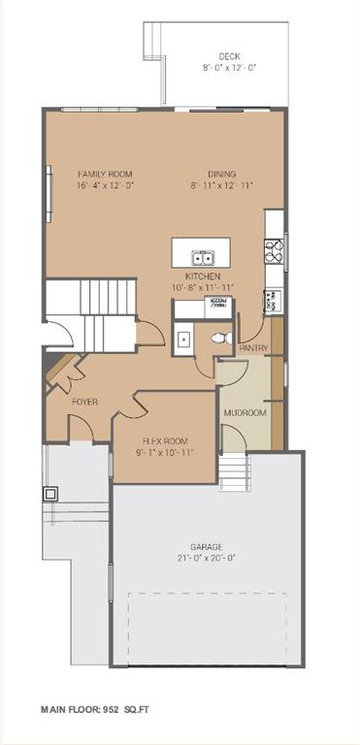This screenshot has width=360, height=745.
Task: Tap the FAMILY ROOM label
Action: (x=106, y=174)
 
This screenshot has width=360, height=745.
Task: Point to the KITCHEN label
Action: (x=204, y=276)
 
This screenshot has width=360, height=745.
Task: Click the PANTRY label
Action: (x=253, y=346)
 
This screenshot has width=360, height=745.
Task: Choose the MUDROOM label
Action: (x=245, y=413)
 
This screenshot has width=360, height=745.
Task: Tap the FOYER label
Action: (x=84, y=401)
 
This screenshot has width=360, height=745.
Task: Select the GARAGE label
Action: (x=207, y=547)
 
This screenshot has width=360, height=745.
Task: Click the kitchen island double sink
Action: (x=204, y=257)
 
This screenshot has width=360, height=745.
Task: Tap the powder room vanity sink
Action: (x=183, y=340)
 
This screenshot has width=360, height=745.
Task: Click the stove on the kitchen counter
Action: (x=274, y=251)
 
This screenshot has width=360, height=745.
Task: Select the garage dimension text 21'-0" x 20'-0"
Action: (x=207, y=558)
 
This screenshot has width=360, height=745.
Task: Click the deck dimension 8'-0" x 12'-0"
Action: (x=229, y=68)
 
